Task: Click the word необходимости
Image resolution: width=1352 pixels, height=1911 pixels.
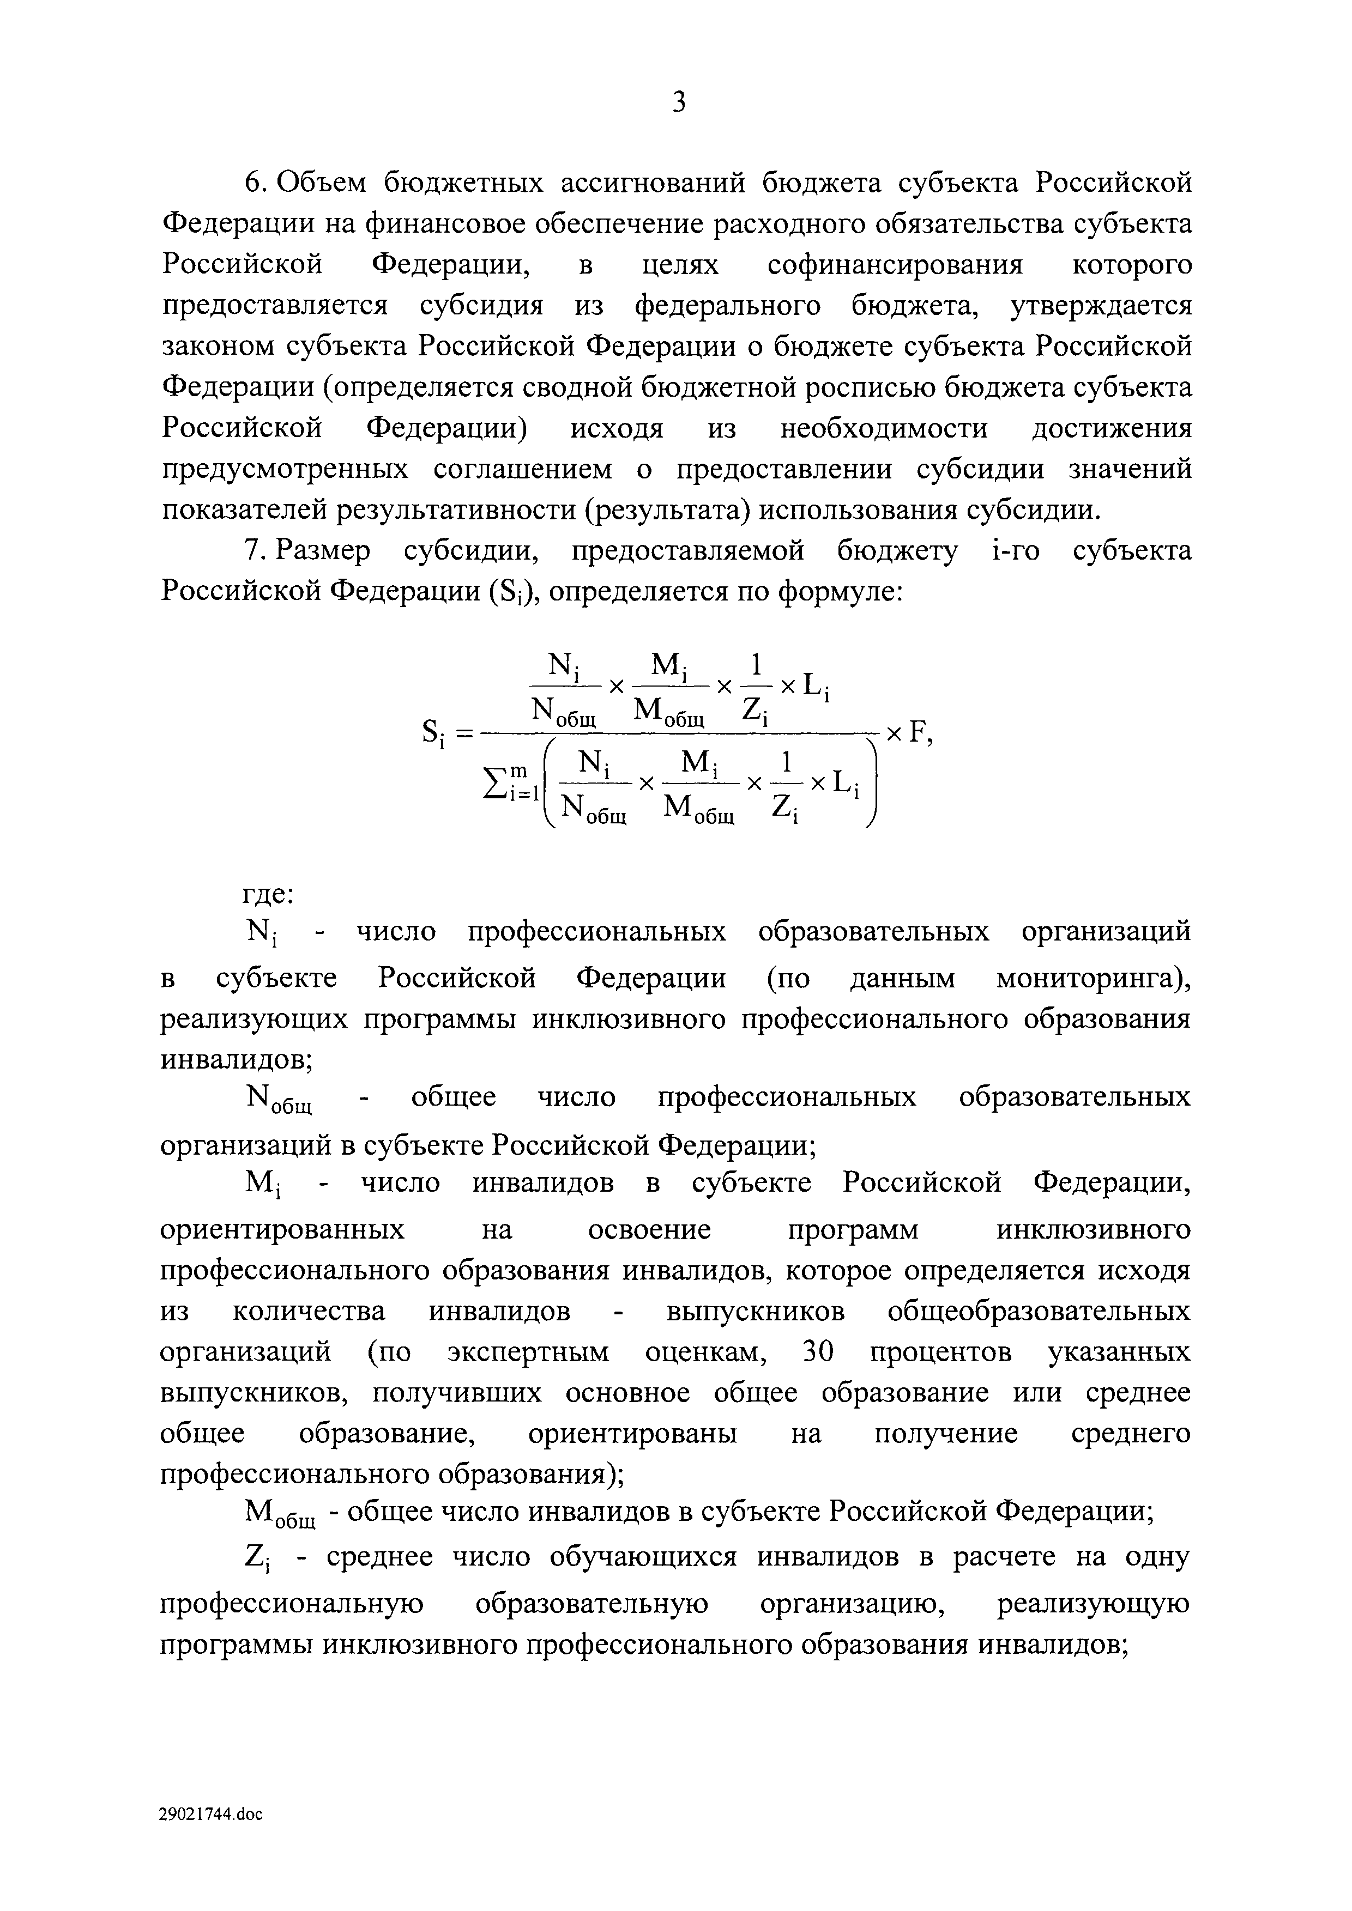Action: (884, 429)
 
